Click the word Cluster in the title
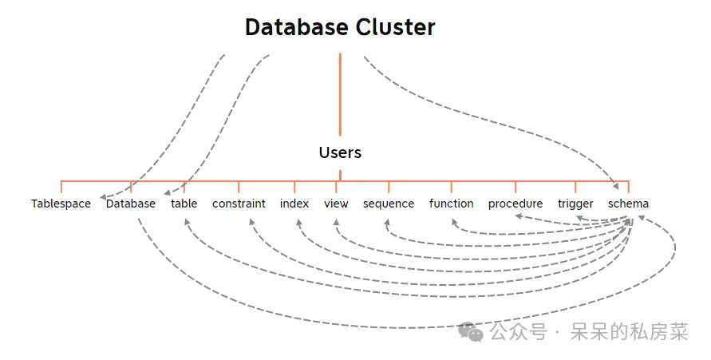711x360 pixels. pyautogui.click(x=397, y=27)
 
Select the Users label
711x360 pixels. pyautogui.click(x=340, y=152)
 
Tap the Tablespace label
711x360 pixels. pyautogui.click(x=61, y=204)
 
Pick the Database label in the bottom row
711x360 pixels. pyautogui.click(x=131, y=204)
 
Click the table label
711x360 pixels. pyautogui.click(x=184, y=204)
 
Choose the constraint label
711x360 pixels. pyautogui.click(x=239, y=204)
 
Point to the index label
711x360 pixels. pyautogui.click(x=294, y=204)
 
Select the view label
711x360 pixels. pyautogui.click(x=336, y=204)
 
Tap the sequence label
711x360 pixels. pyautogui.click(x=389, y=204)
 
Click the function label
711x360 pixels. pyautogui.click(x=451, y=204)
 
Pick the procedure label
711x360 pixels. pyautogui.click(x=515, y=204)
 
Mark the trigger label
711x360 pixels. pyautogui.click(x=575, y=204)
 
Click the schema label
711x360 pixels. pyautogui.click(x=628, y=204)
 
